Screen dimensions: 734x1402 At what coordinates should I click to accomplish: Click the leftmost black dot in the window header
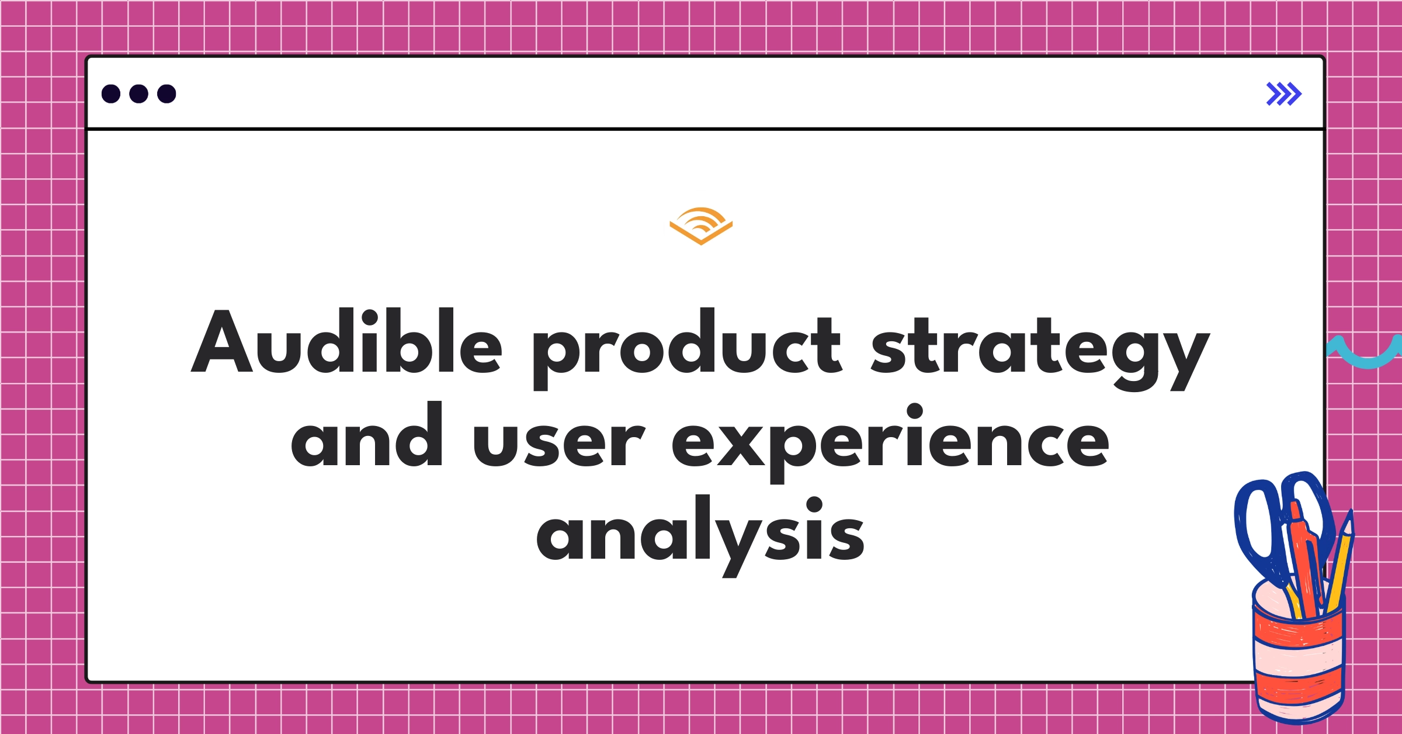click(111, 94)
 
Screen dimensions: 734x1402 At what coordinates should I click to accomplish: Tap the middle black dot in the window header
click(138, 94)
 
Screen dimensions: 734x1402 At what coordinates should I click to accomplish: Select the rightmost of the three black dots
click(166, 94)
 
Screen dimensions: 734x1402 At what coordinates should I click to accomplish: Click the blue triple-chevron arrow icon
click(1283, 94)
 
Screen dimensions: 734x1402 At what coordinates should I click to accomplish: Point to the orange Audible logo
click(701, 226)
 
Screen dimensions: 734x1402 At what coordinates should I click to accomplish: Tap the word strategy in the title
click(1040, 351)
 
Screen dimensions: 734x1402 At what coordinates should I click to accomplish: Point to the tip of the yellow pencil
click(1349, 517)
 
